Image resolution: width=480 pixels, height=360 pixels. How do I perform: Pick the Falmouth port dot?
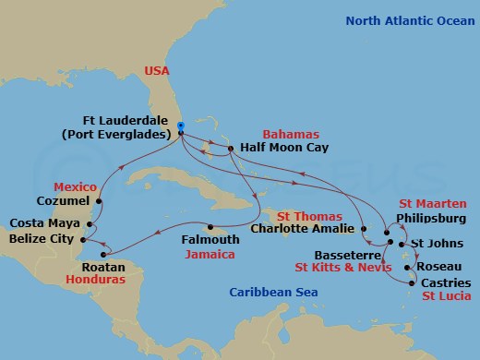(x=211, y=227)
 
